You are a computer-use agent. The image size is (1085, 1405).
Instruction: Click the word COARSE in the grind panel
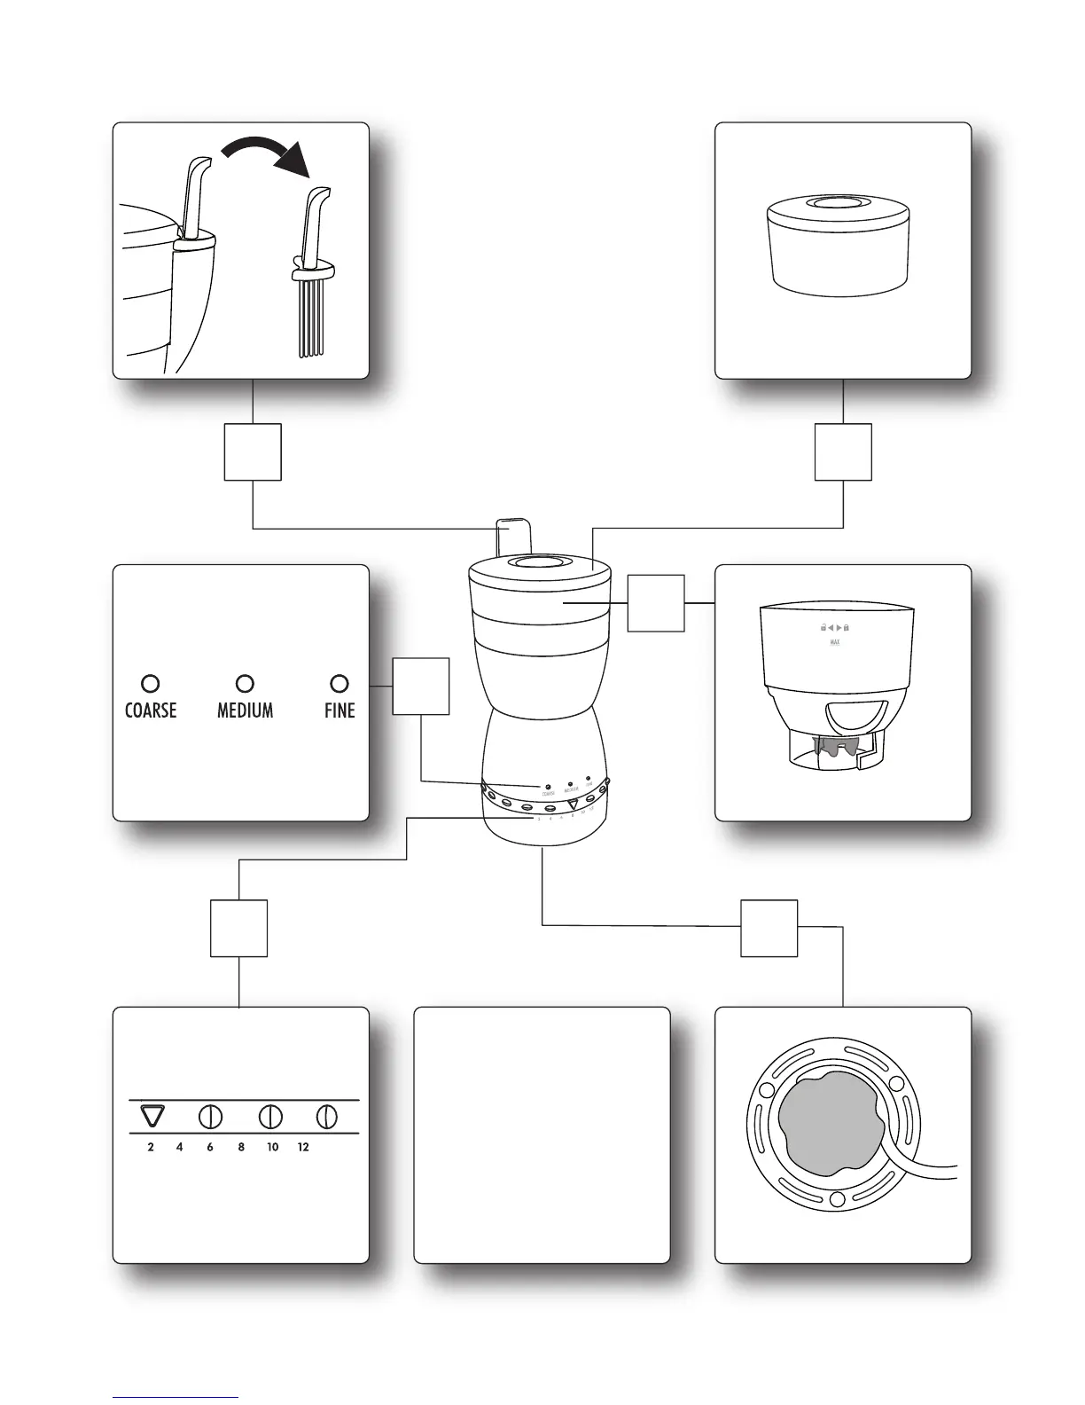coord(151,710)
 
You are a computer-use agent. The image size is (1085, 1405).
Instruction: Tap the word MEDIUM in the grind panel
coord(245,710)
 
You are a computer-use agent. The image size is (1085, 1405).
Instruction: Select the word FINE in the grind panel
coord(340,710)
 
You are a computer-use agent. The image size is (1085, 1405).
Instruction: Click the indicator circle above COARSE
coord(151,684)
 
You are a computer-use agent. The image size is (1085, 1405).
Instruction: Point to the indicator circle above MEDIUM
coord(246,684)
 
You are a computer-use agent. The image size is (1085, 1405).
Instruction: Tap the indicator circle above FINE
coord(339,684)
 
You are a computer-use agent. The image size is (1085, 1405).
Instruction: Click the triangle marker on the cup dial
coord(152,1116)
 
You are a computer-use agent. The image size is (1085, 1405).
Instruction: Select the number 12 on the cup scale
coord(303,1147)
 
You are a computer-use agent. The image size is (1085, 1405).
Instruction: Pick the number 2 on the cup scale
coord(151,1147)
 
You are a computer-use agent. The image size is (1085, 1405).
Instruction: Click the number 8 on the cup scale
coord(241,1147)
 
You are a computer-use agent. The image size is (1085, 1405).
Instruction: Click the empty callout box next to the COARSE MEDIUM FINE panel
coord(421,686)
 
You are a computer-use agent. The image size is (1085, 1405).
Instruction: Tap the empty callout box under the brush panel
coord(253,452)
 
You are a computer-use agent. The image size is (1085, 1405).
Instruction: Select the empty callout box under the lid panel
coord(843,452)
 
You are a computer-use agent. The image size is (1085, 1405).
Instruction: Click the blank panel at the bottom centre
coord(542,1134)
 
